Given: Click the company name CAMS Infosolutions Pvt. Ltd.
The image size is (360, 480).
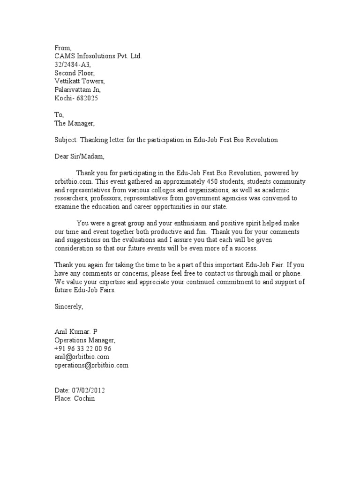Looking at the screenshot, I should [97, 56].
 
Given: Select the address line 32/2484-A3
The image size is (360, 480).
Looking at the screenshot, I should [72, 65].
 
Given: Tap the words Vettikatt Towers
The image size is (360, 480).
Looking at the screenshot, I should [76, 82].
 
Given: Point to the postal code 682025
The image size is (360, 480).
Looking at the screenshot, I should [87, 98].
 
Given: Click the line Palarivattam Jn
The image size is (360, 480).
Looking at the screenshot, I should [77, 90].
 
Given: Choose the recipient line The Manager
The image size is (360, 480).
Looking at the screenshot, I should [75, 124].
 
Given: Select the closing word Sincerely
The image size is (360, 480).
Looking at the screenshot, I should [68, 307].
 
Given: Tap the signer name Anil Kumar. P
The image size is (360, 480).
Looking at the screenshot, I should [75, 332].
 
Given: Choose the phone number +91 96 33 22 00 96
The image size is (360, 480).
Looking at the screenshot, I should [83, 349].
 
